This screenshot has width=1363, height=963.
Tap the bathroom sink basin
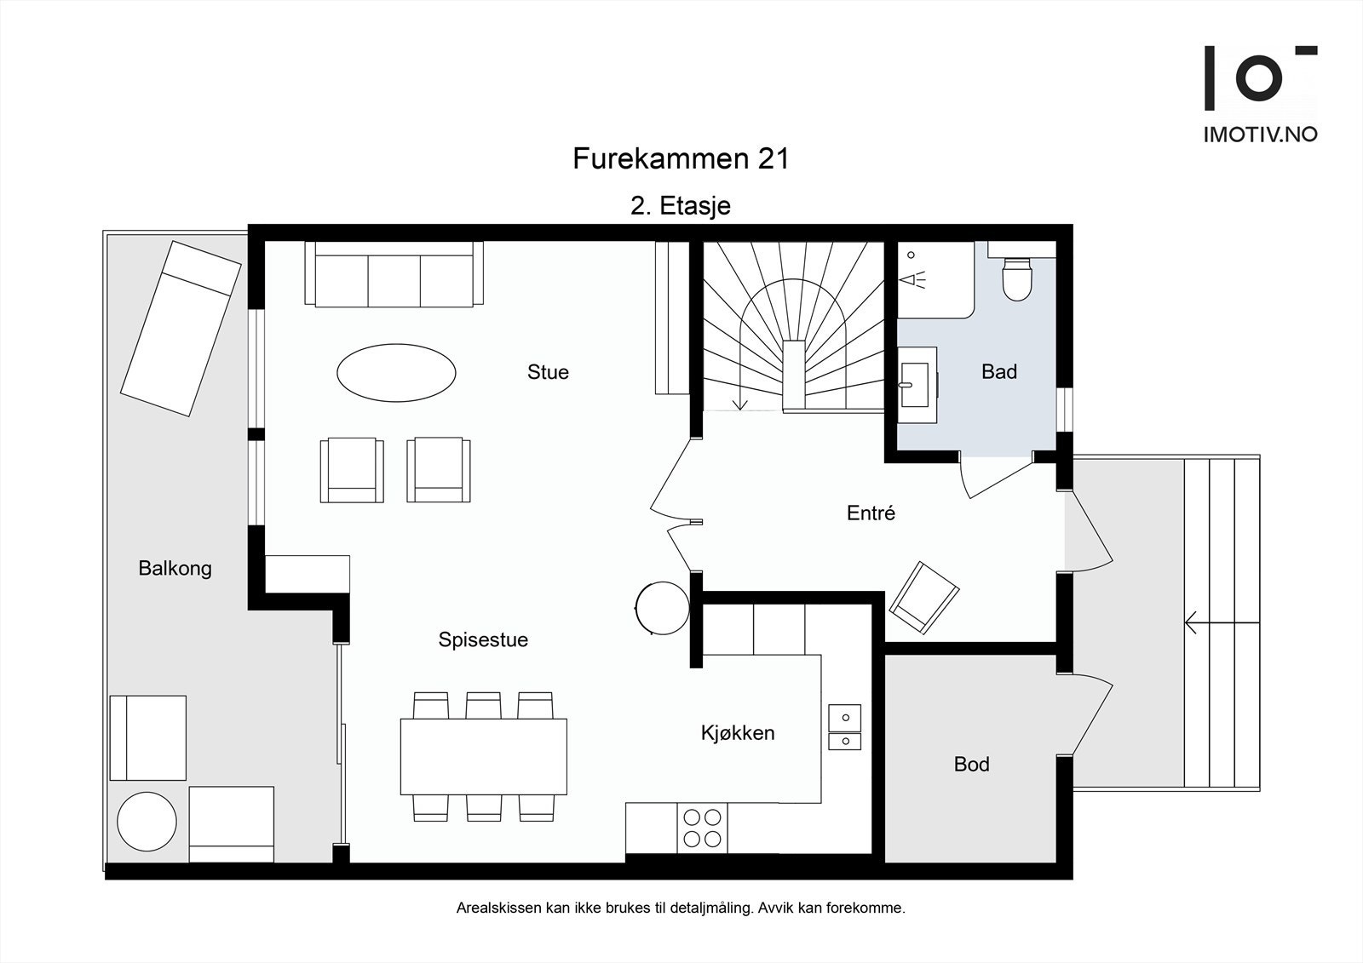[914, 385]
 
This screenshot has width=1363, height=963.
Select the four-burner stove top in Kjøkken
[702, 828]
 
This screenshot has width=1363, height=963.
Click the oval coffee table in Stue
[396, 372]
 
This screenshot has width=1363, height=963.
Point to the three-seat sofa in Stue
[394, 274]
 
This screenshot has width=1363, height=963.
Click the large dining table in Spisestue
[484, 757]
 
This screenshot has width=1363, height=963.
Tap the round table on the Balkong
[147, 822]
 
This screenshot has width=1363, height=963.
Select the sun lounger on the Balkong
[181, 329]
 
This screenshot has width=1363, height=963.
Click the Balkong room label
[175, 568]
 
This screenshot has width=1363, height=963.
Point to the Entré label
[871, 513]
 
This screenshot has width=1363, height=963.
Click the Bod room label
[972, 764]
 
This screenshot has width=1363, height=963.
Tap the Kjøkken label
[738, 733]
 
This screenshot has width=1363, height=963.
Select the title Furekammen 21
[681, 158]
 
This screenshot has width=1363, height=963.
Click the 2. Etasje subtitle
[681, 206]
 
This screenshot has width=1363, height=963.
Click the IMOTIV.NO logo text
[1260, 135]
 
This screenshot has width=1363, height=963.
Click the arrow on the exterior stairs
[1222, 623]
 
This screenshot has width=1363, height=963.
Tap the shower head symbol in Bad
[912, 280]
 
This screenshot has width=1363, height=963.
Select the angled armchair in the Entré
[924, 598]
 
